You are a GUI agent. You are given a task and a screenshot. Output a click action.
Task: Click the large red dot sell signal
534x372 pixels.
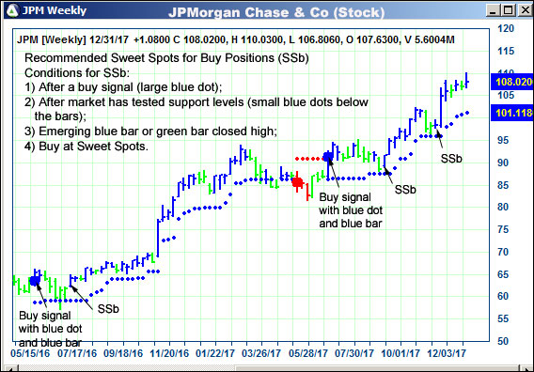tap(298, 181)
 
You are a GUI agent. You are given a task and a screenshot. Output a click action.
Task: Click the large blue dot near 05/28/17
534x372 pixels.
tap(327, 157)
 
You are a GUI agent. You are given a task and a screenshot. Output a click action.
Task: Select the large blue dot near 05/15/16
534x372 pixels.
tap(35, 280)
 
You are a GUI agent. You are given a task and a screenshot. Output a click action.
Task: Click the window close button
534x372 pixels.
tap(521, 11)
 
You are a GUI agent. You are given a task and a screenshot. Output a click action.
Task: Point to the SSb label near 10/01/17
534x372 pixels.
tap(405, 190)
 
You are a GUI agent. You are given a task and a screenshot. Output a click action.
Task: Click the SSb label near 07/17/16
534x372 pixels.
tap(107, 307)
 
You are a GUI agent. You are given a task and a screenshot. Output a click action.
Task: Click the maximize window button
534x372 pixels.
tap(504, 11)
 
